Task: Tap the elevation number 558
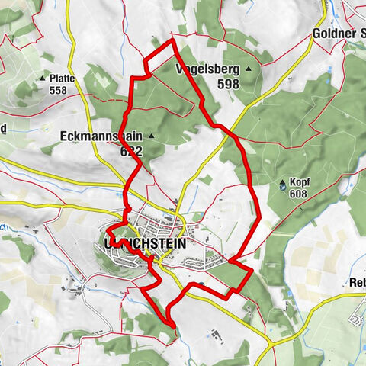point(58,90)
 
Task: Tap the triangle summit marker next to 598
point(248,69)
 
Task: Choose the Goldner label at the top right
point(338,34)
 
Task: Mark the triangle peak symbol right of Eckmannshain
point(151,137)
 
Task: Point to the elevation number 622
point(131,151)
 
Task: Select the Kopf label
point(300,183)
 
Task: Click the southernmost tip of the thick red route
point(174,327)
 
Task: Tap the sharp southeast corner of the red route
point(252,270)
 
